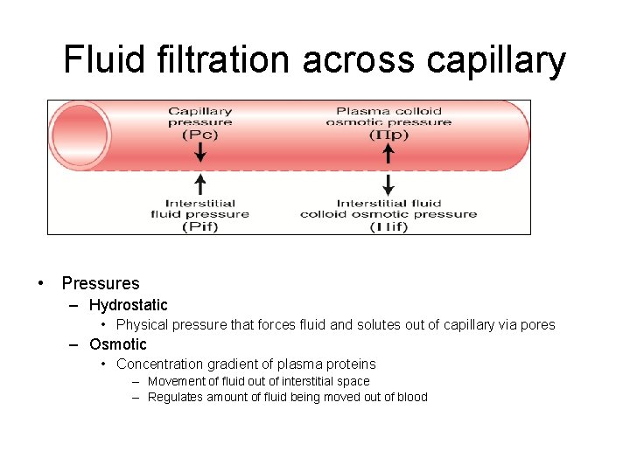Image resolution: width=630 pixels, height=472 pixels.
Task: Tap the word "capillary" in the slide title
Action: tap(496, 61)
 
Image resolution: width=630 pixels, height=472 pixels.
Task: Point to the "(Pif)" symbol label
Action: tap(199, 226)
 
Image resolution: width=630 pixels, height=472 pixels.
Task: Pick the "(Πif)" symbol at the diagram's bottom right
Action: tap(388, 226)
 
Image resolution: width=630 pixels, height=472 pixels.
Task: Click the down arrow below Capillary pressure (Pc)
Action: tap(200, 152)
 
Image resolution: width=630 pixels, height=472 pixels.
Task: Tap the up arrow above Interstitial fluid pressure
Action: tap(200, 184)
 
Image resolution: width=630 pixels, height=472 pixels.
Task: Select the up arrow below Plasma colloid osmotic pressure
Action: tap(388, 154)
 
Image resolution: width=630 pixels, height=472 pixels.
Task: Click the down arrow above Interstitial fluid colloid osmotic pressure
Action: tap(388, 184)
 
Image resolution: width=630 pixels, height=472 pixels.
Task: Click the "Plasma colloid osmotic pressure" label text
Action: tap(388, 116)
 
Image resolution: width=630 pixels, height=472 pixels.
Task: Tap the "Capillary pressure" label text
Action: tap(199, 116)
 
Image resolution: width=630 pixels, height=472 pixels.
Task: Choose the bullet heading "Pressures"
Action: tap(101, 283)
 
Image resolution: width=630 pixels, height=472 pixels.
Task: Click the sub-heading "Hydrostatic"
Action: tap(129, 305)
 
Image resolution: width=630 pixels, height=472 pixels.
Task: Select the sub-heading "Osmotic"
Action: tap(118, 344)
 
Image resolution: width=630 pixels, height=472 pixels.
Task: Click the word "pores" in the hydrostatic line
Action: tap(536, 325)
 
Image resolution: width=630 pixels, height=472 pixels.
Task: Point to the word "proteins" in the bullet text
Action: tap(349, 364)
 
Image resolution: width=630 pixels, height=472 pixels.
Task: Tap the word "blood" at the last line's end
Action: tap(412, 397)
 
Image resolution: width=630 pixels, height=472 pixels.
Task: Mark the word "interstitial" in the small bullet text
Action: tap(294, 381)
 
